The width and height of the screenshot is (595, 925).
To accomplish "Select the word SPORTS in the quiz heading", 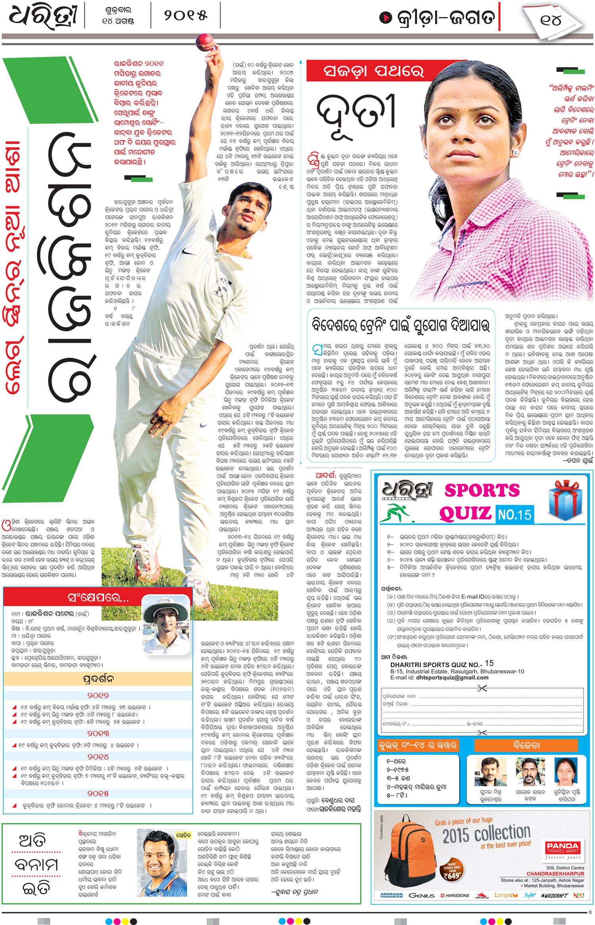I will (x=482, y=490).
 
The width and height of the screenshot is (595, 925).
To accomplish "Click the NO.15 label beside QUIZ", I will (x=514, y=515).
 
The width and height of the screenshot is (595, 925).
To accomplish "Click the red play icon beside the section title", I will (x=385, y=17).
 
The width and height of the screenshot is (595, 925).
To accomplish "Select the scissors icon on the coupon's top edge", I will (x=482, y=688).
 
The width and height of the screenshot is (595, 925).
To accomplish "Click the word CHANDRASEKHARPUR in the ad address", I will (x=555, y=874).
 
